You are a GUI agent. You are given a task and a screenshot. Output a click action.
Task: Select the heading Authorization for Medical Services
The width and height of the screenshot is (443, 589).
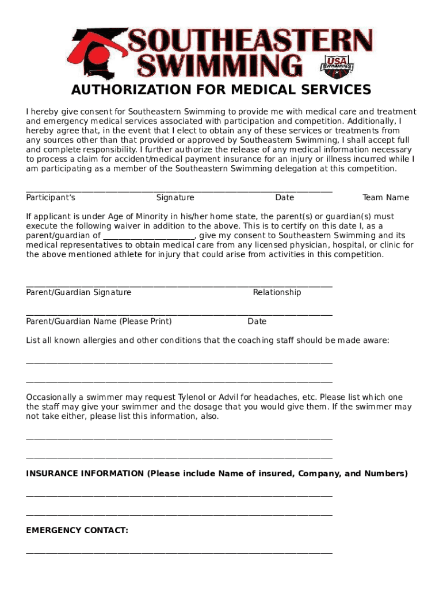click(221, 90)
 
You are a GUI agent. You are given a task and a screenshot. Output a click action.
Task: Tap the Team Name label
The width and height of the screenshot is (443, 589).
click(385, 198)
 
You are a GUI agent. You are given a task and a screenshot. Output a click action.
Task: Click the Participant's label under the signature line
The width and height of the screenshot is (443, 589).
click(51, 198)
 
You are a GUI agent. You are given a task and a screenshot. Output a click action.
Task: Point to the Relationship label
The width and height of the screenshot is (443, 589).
click(277, 293)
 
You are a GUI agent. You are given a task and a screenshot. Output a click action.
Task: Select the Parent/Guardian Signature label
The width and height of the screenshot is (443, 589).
click(79, 293)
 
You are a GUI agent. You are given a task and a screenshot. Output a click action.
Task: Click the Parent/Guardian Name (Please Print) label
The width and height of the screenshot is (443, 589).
click(99, 322)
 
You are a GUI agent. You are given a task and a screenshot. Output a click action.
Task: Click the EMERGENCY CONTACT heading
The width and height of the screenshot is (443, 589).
click(77, 531)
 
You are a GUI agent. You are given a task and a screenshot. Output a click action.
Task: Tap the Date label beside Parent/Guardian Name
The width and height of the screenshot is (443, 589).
click(257, 322)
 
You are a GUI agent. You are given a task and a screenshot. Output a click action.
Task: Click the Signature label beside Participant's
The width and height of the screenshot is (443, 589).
click(175, 198)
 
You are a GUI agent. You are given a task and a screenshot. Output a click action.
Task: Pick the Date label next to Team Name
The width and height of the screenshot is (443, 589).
click(284, 198)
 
